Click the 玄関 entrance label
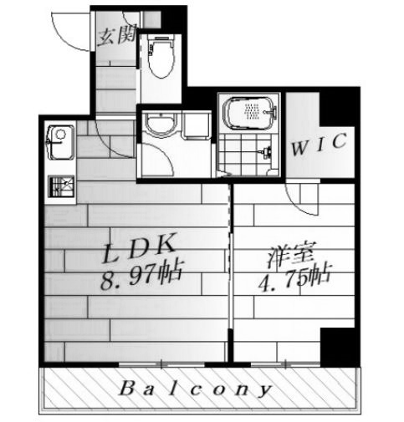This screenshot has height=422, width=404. (x=118, y=35)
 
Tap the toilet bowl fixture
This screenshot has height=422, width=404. (x=161, y=58)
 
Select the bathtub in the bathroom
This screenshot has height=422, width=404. (x=250, y=113)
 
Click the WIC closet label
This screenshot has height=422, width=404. (x=320, y=145)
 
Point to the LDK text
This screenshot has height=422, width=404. (x=139, y=248)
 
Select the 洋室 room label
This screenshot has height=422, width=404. (x=292, y=255)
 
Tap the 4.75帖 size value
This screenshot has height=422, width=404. (x=295, y=278)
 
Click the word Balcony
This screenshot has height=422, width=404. (x=195, y=389)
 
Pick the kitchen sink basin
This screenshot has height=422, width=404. (x=61, y=143)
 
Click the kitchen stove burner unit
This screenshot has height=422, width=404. (x=61, y=186)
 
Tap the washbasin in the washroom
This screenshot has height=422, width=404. (x=161, y=125)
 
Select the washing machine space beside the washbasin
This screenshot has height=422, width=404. (x=196, y=125)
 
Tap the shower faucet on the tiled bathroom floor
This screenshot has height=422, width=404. (x=266, y=153)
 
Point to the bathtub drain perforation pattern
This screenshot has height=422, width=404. (x=253, y=112)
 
